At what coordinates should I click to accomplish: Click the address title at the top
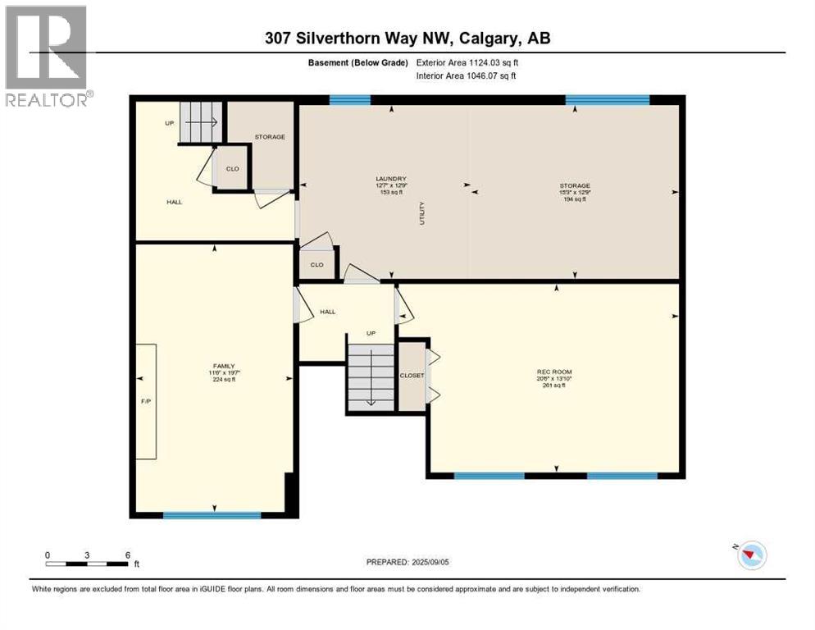click(407, 38)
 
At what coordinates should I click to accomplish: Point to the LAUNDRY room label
click(391, 178)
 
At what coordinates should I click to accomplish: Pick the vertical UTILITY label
click(422, 214)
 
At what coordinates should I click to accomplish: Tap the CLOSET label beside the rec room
click(412, 375)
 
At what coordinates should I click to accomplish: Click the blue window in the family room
click(212, 515)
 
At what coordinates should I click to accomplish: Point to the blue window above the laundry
click(349, 100)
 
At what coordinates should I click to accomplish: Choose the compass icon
click(751, 555)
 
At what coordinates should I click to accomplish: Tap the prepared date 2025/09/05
click(407, 562)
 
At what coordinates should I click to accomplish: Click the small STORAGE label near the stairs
click(270, 137)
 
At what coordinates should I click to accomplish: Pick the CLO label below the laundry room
click(317, 265)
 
